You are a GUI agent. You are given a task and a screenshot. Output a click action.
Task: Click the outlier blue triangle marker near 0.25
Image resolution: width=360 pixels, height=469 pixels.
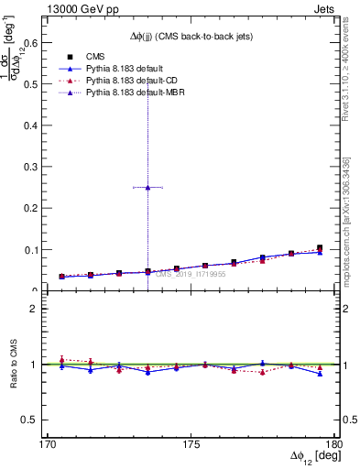tap(147, 187)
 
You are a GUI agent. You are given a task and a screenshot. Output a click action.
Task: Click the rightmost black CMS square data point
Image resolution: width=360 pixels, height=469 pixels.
tap(320, 247)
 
